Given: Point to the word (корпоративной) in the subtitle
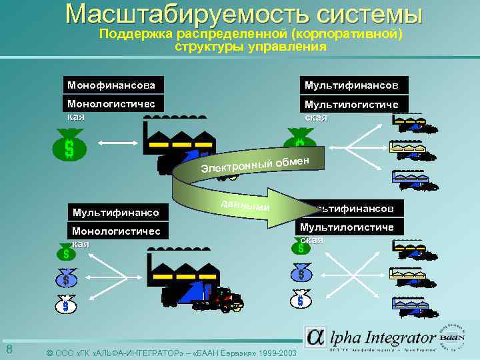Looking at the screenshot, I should (x=353, y=33).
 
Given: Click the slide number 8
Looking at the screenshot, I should (x=9, y=350).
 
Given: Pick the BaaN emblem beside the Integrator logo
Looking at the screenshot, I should (x=455, y=337).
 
